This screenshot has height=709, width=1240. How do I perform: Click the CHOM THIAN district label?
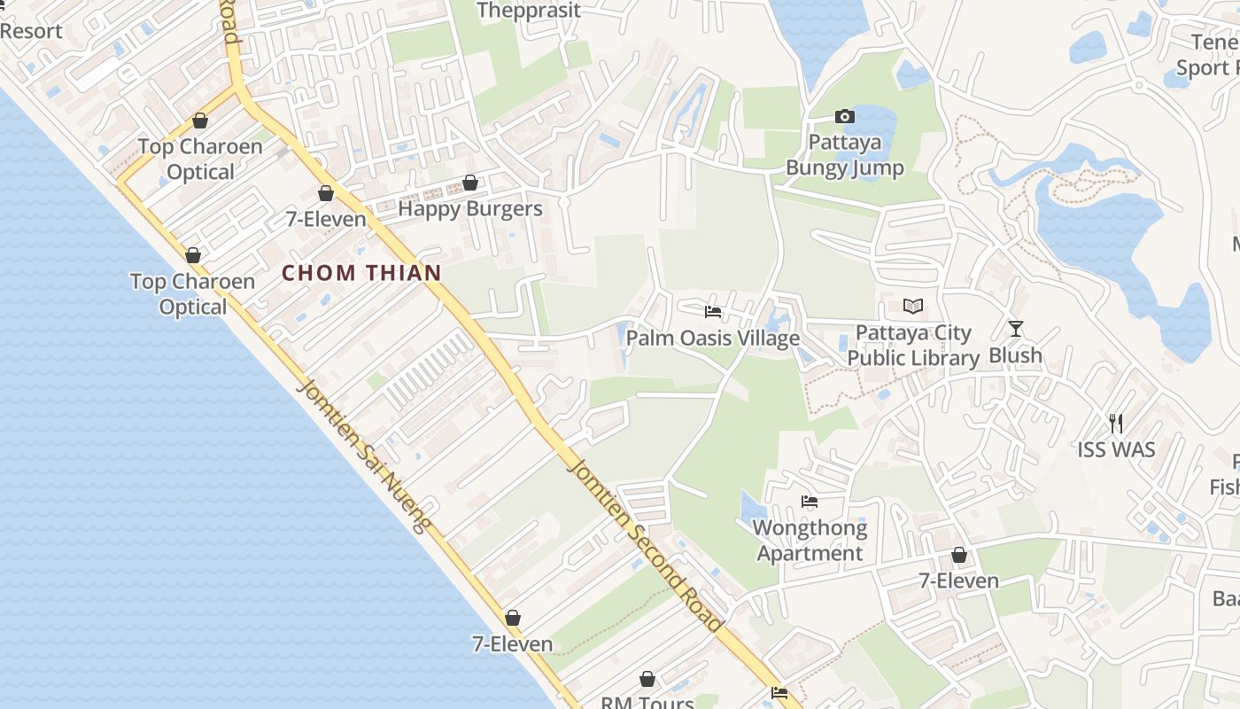[x=361, y=273]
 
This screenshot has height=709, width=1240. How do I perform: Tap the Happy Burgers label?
[x=469, y=209]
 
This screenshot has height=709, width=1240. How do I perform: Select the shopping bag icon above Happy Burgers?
[x=470, y=183]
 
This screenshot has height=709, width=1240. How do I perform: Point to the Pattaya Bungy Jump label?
[x=845, y=155]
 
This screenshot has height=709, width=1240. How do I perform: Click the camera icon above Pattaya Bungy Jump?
[x=845, y=117]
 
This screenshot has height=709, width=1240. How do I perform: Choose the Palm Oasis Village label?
[x=712, y=339]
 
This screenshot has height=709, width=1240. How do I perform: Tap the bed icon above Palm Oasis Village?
[x=712, y=312]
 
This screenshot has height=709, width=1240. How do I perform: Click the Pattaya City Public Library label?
[x=913, y=346]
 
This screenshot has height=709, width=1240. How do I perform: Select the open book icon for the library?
[x=913, y=307]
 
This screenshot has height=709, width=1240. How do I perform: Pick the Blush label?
[x=1015, y=355]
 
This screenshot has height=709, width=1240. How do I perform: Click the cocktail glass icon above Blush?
[x=1016, y=329]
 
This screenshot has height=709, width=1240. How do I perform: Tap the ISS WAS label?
[x=1116, y=449]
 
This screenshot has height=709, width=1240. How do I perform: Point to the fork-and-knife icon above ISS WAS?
[x=1116, y=423]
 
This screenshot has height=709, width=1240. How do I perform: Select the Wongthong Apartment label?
[x=810, y=541]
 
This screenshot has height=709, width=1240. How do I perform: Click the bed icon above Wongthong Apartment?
[x=810, y=502]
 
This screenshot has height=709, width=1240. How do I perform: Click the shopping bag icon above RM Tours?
[x=647, y=679]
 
